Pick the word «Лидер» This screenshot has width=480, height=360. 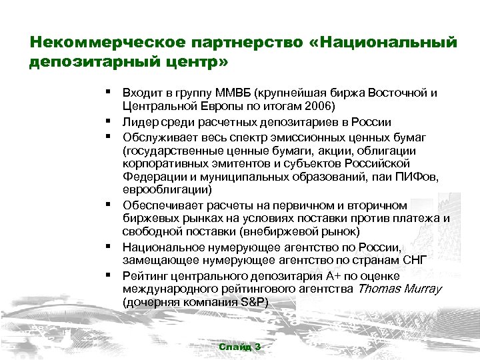click(140, 122)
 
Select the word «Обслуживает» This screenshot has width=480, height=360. click(157, 137)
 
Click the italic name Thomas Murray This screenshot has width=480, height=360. click(400, 288)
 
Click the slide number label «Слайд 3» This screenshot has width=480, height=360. click(239, 347)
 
